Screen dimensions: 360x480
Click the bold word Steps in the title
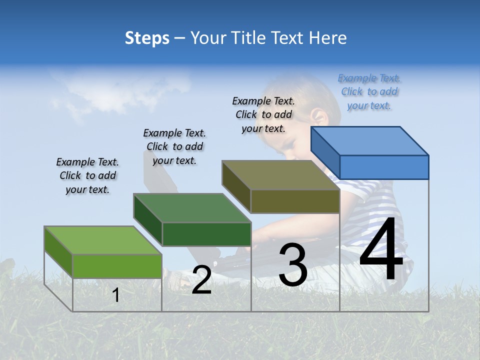147,38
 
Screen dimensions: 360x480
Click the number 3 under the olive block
293,264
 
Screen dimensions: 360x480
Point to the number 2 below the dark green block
201,279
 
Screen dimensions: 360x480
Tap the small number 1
116,295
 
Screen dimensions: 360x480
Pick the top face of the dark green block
192,208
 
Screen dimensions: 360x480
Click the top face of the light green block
103,240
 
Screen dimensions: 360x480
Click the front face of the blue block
384,167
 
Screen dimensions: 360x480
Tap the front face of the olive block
295,201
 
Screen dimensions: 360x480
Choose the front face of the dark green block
206,234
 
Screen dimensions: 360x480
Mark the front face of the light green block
117,266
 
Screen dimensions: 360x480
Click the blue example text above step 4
369,91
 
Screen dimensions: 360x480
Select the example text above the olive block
263,114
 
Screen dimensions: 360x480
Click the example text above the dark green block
174,146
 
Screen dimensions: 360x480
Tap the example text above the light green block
87,175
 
